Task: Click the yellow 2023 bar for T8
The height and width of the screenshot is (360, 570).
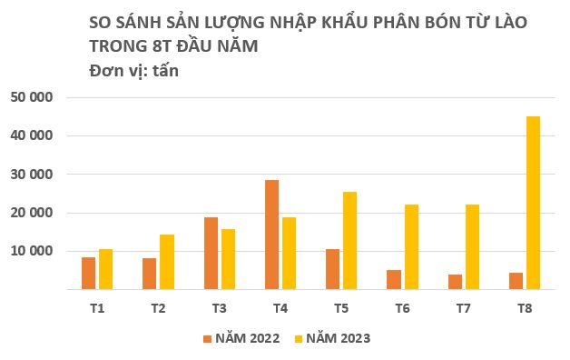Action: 533,203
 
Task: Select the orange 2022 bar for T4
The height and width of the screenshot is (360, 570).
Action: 271,235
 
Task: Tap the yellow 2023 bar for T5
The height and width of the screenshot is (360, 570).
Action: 349,241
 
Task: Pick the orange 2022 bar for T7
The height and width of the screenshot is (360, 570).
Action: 455,282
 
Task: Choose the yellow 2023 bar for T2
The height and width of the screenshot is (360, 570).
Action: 166,262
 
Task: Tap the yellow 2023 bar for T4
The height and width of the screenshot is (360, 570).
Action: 289,254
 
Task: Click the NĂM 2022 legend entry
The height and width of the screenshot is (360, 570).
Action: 241,338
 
